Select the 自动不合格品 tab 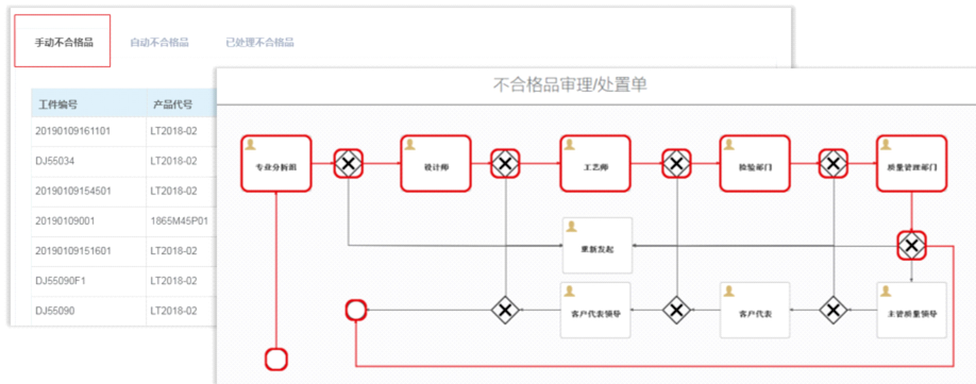point(159,42)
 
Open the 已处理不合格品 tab point(259,42)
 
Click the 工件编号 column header point(58,104)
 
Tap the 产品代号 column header point(173,104)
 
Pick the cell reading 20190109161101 point(73,131)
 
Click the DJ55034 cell point(55,161)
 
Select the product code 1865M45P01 point(179,221)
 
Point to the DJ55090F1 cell point(61,281)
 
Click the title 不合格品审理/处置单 point(570,84)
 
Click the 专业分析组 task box point(276,163)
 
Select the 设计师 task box point(436,163)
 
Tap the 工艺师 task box point(595,163)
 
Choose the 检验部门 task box point(755,163)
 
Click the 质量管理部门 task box point(912,163)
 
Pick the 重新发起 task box point(597,246)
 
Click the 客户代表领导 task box point(595,310)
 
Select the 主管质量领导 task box point(912,310)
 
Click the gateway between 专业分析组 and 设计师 point(348,163)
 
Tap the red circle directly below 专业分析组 point(276,359)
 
